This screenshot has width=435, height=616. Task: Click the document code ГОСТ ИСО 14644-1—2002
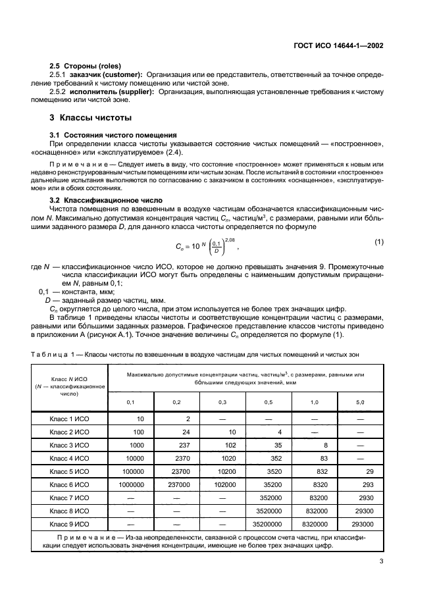pos(340,47)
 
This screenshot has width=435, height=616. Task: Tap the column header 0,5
pos(268,401)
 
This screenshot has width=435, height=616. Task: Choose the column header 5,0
pos(359,401)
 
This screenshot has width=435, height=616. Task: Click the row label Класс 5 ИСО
pos(69,472)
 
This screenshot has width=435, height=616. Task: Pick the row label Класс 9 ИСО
pos(69,525)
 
